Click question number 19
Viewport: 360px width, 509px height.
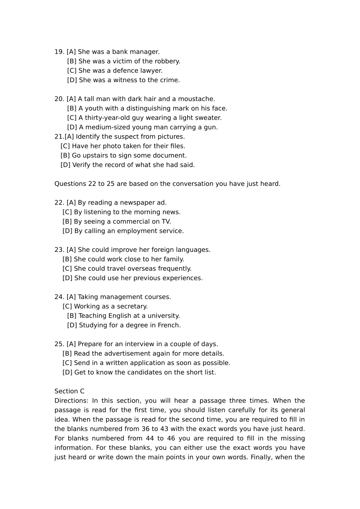tap(59, 52)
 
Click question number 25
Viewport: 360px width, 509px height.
tap(59, 344)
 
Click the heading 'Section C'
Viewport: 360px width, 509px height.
tap(69, 391)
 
